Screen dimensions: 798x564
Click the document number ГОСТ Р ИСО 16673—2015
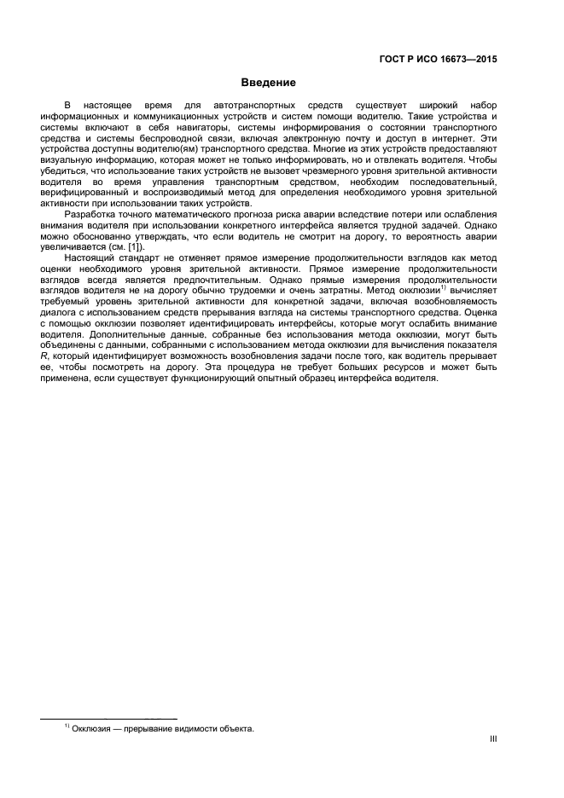tap(437, 60)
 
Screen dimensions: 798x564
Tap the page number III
tap(492, 740)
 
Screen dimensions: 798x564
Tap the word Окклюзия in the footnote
tap(93, 729)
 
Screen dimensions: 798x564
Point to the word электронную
tap(329, 136)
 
